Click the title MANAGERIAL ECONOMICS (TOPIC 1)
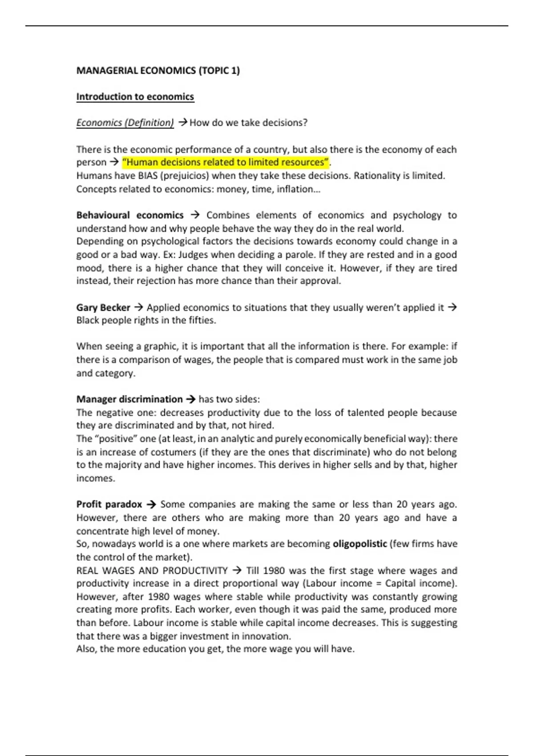(158, 71)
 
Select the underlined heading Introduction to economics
(135, 97)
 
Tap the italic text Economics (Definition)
(125, 123)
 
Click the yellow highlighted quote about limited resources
(225, 162)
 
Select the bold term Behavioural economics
(129, 215)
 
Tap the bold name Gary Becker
(103, 308)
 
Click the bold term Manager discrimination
(129, 399)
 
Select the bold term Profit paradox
(109, 504)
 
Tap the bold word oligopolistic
(360, 544)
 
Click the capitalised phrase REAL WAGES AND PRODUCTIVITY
(152, 571)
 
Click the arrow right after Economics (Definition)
(182, 123)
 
